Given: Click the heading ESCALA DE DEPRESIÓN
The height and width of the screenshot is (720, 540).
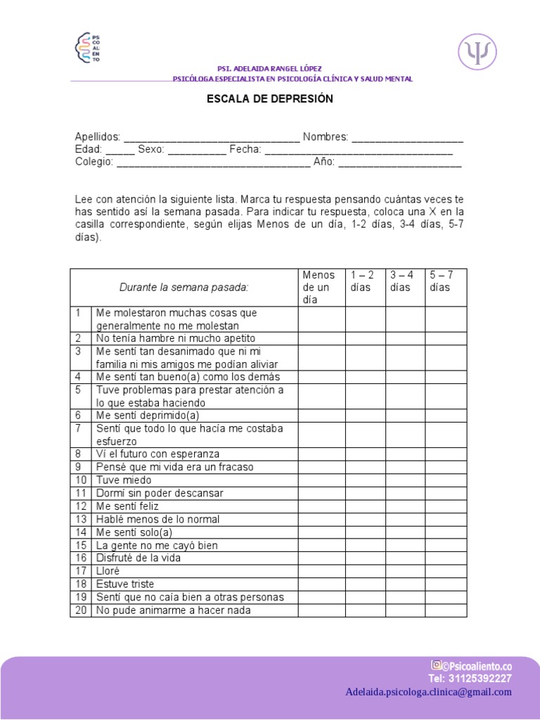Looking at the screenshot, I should (269, 99).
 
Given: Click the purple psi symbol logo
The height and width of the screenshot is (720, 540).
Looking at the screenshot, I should (477, 52).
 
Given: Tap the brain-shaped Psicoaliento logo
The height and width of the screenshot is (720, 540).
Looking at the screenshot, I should (88, 48).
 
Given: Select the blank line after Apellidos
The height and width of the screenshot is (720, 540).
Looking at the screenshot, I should (211, 137).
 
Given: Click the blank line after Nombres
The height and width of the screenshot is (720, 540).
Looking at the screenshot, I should (407, 137).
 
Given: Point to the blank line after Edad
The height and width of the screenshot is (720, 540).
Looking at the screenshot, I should (120, 150).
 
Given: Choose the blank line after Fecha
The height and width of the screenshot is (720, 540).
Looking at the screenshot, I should (359, 150).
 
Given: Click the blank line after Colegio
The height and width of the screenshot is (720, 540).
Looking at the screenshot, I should (213, 162).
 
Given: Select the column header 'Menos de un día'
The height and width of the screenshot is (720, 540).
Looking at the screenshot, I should (321, 287).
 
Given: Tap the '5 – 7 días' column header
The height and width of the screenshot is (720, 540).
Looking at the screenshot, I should (445, 281).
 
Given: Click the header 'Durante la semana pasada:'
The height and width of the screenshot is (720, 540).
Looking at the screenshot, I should (184, 287).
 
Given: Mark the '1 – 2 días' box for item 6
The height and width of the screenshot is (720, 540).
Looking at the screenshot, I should (365, 416).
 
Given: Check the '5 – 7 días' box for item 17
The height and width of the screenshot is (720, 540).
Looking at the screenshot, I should (445, 571).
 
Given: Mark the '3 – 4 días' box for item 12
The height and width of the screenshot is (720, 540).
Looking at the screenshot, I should (405, 506).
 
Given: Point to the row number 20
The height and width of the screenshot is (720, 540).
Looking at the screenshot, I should (81, 610).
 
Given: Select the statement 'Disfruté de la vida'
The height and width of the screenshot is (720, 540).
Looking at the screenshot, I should (139, 558).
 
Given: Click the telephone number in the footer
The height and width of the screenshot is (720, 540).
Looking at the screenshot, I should (470, 679).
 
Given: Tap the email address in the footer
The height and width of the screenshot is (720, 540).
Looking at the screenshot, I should (429, 692).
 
